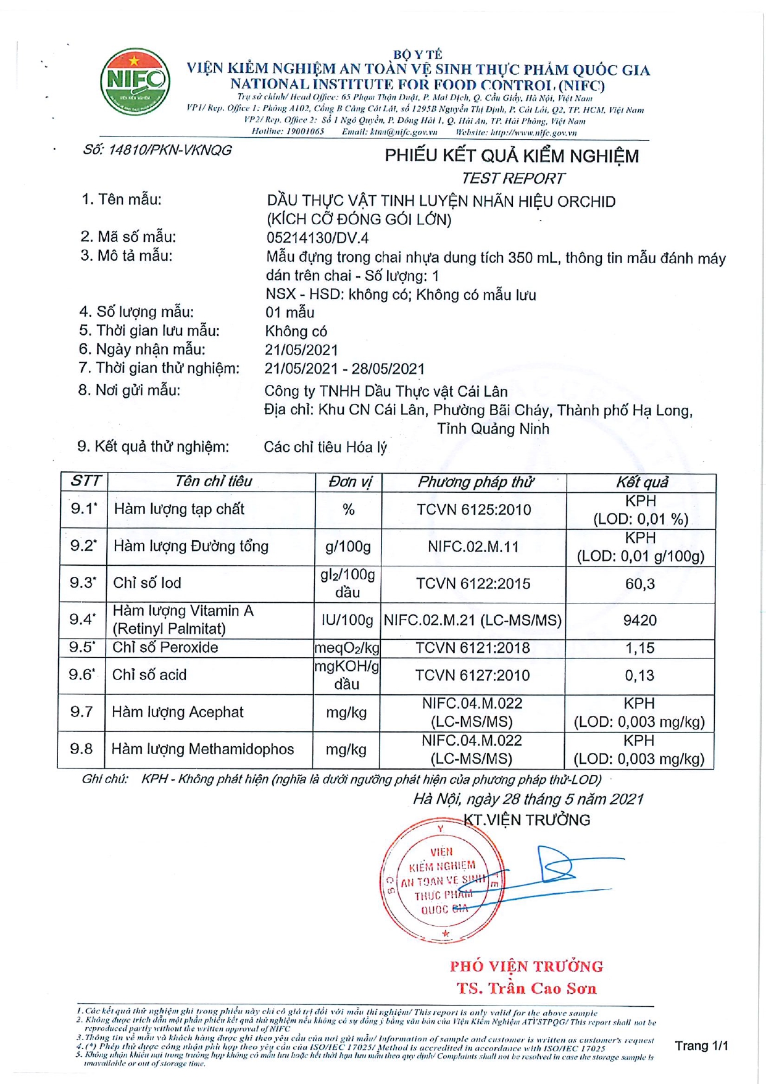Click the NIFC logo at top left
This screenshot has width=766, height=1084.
pos(135,82)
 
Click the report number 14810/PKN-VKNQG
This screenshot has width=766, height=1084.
pos(157,150)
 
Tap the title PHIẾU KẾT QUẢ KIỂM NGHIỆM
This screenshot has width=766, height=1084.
pos(512,156)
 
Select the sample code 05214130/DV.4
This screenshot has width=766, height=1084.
pos(317,238)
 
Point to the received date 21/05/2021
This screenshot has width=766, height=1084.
pos(301,350)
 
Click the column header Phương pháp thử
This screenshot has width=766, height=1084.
pos(475,482)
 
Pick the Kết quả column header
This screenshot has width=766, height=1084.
pos(642,482)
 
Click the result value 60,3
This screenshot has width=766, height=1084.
pos(640,584)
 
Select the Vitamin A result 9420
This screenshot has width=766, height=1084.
pos(640,620)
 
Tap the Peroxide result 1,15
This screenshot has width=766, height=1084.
pos(639,648)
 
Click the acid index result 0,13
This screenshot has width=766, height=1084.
pos(639,676)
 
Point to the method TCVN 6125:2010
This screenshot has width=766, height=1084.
pos(473,510)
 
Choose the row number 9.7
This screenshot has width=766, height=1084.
pos(81,712)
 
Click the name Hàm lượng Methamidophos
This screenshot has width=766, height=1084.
pos(202,749)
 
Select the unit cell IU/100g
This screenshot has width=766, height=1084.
pos(348,620)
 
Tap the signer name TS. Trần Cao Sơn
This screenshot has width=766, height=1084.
pos(527,989)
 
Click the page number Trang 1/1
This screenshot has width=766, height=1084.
pos(701,1046)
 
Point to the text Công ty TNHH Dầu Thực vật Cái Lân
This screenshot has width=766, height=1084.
pos(386,392)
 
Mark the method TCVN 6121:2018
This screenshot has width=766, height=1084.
pos(472,648)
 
